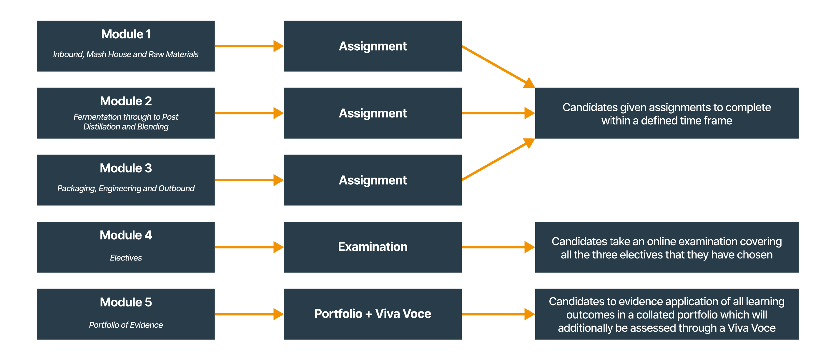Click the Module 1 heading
pos(126,34)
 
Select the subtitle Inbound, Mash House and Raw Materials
pos(126,54)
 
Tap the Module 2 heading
pos(126,101)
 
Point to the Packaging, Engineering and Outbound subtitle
pos(126,188)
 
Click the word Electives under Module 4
pos(126,258)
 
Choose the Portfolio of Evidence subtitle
pos(126,325)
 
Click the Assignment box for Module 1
pos(373,46)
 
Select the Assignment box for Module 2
pos(373,113)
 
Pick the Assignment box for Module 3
pos(373,180)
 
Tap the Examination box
pos(373,247)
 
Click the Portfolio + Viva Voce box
pos(373,314)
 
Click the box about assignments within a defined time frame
pos(667,113)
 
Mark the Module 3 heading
pos(126,168)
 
